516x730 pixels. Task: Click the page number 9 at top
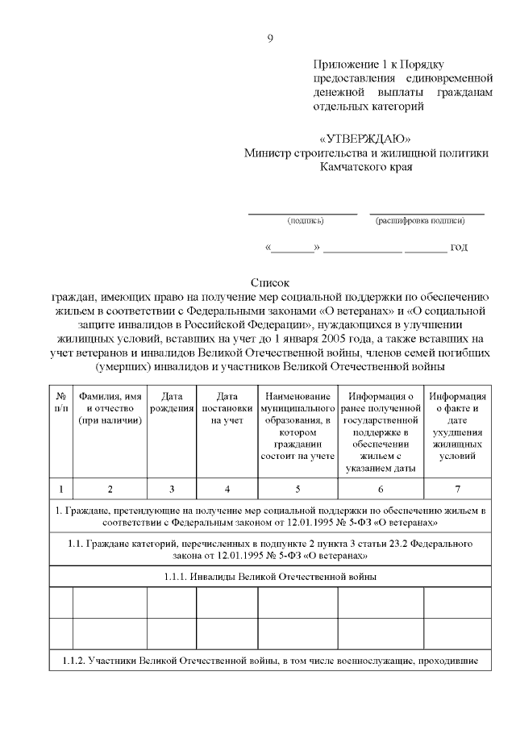click(x=270, y=39)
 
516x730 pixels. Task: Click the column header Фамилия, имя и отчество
click(x=110, y=408)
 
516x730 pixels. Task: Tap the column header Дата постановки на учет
click(x=227, y=408)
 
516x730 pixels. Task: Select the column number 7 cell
click(x=457, y=488)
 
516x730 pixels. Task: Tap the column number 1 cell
click(x=60, y=488)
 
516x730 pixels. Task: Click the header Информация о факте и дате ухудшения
click(x=457, y=426)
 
